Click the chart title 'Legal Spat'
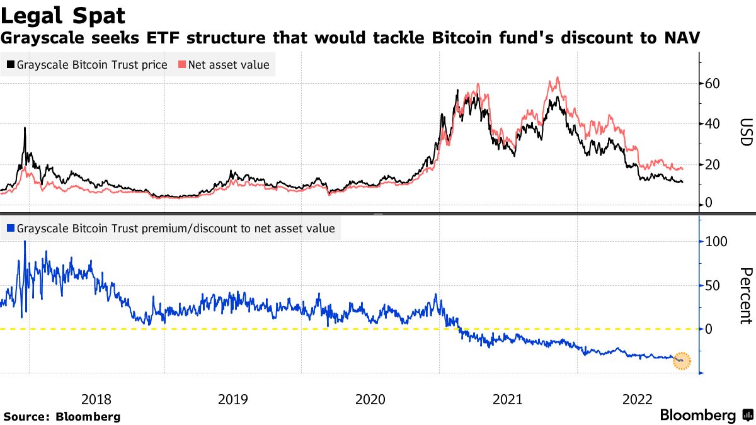click(63, 15)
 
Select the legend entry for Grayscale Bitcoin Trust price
click(87, 65)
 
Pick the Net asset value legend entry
click(224, 65)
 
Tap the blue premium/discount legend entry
click(170, 229)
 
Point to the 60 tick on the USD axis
click(713, 84)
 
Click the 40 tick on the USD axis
click(713, 124)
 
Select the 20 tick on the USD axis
click(713, 165)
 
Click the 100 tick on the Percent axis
click(716, 242)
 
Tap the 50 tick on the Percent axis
click(713, 286)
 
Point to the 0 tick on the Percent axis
click(709, 329)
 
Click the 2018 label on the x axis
click(96, 399)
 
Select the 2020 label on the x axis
click(370, 399)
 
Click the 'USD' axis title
click(746, 132)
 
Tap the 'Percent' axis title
click(746, 296)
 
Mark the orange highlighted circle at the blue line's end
click(682, 361)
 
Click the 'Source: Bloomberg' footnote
click(62, 416)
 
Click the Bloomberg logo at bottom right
click(706, 416)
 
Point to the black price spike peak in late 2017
click(25, 128)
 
